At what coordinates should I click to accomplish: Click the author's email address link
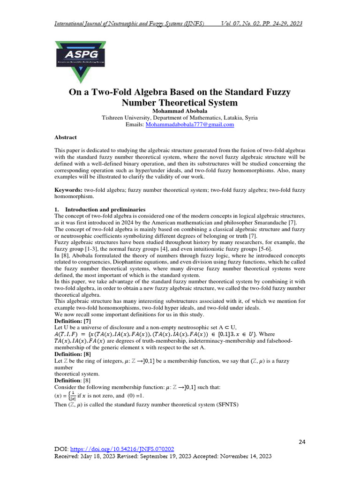click(189, 125)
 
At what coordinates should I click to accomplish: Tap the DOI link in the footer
click(121, 449)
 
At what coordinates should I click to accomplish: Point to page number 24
click(302, 442)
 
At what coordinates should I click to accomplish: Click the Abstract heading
click(66, 137)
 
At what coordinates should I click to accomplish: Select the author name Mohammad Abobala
click(180, 111)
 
